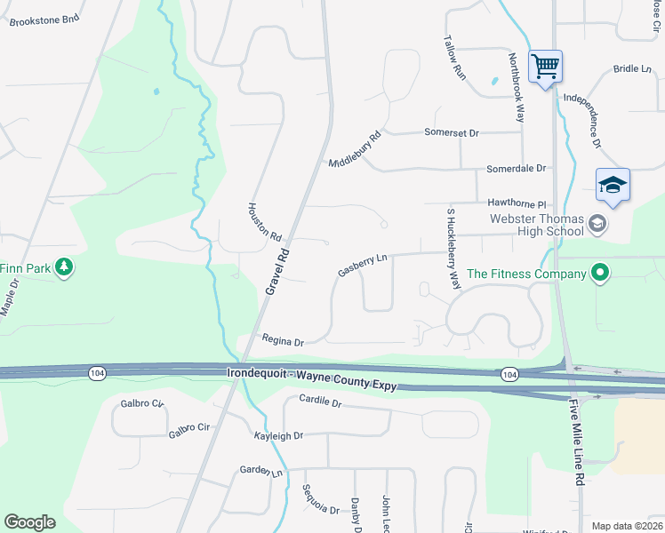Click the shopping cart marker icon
544,65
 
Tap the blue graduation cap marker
613,185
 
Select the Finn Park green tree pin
63,266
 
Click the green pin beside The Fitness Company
600,273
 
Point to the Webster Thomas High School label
536,226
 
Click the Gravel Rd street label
278,271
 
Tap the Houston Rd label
264,222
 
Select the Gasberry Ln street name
363,265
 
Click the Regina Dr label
283,340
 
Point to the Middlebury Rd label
354,150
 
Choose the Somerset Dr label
451,132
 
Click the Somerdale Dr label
516,168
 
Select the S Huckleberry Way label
454,249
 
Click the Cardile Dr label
320,402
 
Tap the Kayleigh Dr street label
278,436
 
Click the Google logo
29,522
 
